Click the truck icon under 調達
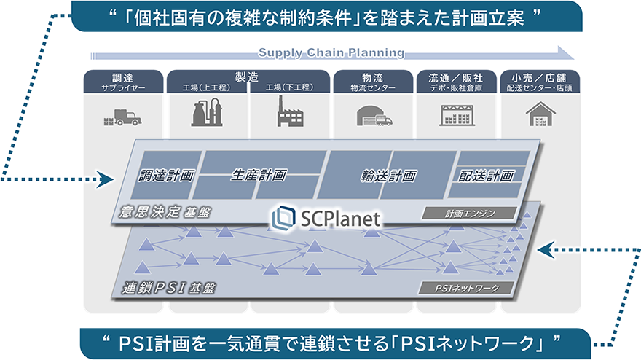tap(124, 116)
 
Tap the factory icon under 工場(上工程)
tap(208, 113)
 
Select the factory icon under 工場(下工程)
tap(290, 113)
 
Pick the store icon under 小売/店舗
tap(540, 114)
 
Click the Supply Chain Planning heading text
tap(331, 52)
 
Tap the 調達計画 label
tap(167, 176)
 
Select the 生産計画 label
tap(259, 175)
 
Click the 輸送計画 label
tap(388, 176)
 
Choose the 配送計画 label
tap(487, 176)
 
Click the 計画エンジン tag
tap(469, 214)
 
